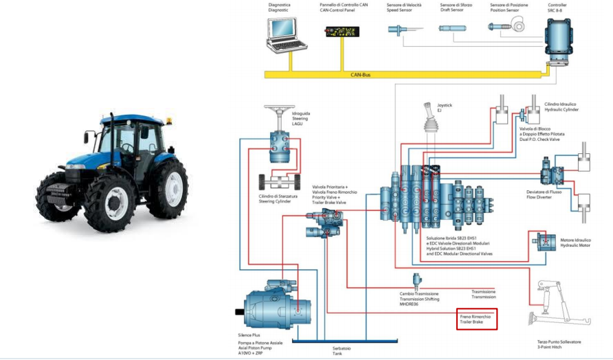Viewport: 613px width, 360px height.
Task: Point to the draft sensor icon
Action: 452,30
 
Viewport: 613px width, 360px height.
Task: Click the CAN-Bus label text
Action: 360,74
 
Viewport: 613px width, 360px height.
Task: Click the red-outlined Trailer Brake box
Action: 476,319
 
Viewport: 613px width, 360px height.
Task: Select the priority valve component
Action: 326,221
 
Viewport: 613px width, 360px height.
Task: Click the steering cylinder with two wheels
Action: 279,182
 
